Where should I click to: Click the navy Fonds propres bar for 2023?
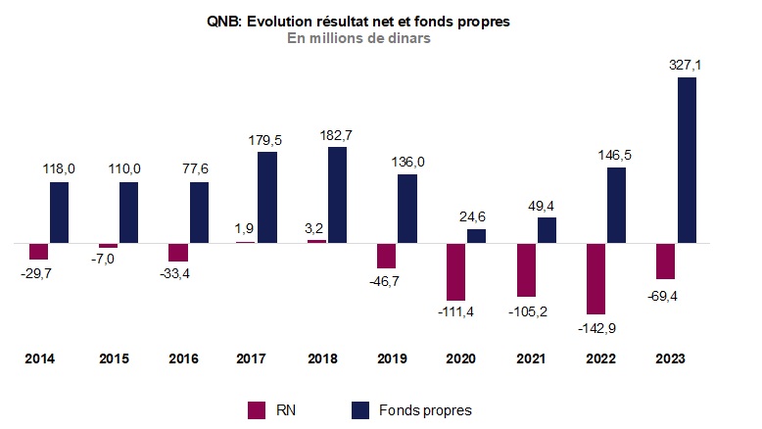tap(687, 160)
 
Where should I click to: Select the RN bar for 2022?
tap(596, 277)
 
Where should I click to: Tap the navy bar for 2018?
tap(337, 194)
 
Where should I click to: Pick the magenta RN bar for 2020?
tap(456, 271)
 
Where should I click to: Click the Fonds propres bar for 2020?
tap(477, 235)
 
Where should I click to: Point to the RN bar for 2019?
tap(387, 255)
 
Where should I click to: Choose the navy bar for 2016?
tap(199, 212)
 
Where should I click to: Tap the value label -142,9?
tap(596, 326)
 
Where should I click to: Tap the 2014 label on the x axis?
tap(39, 359)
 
